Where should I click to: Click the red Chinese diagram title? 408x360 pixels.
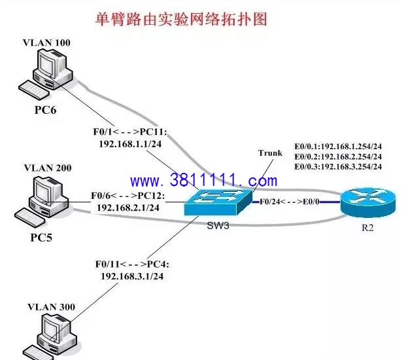tap(181, 19)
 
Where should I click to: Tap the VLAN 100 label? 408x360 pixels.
tap(46, 43)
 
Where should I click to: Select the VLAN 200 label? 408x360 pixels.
tap(48, 168)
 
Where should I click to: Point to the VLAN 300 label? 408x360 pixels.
tap(51, 307)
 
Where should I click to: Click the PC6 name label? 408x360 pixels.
tap(46, 110)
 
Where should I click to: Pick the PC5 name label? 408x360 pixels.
tap(41, 238)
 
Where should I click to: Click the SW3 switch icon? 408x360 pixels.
tap(218, 202)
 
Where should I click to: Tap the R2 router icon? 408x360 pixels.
tap(368, 202)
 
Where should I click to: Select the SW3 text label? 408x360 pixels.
tap(218, 226)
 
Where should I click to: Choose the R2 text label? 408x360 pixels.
tap(367, 228)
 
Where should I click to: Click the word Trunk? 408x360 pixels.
tap(270, 153)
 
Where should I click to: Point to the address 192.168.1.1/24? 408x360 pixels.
tap(130, 144)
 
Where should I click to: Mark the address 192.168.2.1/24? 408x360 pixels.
tap(128, 207)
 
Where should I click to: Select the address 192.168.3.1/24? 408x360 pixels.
tap(132, 276)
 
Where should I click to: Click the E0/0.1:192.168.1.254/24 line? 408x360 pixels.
tap(338, 147)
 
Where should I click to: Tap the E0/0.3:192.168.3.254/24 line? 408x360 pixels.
tap(338, 166)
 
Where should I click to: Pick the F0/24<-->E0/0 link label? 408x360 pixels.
tap(290, 202)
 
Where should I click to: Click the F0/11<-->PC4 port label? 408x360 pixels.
tap(132, 264)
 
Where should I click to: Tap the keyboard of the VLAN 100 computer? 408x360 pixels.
tap(34, 90)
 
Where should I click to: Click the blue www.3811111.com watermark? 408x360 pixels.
tap(204, 180)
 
